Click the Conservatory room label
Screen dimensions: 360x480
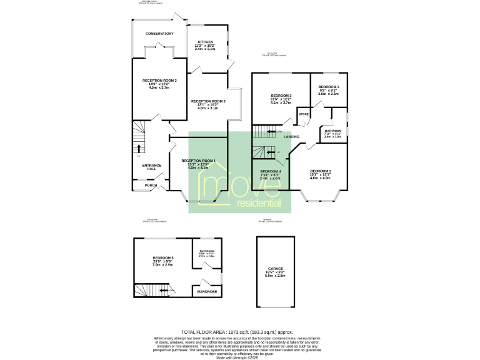pos(158,34)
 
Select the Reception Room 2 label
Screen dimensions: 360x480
pos(159,81)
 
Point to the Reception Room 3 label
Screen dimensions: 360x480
pos(208,101)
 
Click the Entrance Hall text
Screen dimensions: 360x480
pos(152,167)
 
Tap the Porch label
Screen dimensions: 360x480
pos(151,185)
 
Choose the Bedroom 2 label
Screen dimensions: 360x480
pos(281,96)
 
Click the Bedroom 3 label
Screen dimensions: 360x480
pos(328,87)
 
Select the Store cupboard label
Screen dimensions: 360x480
pos(304,114)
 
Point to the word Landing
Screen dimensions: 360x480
pos(291,136)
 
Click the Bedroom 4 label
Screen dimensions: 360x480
pos(271,171)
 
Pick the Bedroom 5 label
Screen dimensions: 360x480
pos(163,258)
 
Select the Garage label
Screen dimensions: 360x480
pos(276,269)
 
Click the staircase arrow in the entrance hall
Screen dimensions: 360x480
pos(139,149)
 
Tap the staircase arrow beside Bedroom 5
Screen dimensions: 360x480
pos(164,290)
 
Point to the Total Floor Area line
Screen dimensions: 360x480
pos(237,332)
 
